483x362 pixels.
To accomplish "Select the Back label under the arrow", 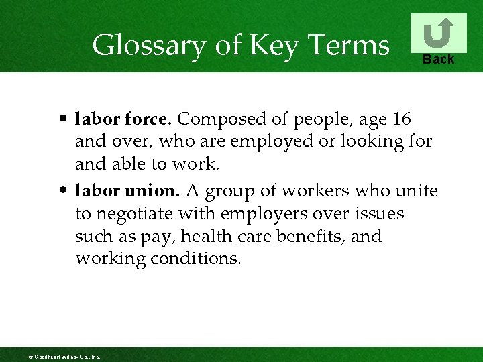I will tap(438, 60).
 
